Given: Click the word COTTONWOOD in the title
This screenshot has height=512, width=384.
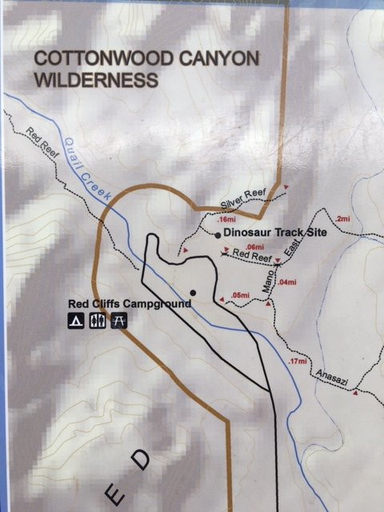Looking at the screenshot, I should [x=87, y=58].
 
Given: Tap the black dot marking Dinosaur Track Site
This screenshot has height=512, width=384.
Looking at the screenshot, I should [x=218, y=234].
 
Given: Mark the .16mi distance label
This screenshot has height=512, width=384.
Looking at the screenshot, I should [x=226, y=218].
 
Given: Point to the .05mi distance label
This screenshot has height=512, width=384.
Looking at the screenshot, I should [x=240, y=296].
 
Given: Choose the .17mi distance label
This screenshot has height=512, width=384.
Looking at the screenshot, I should [x=297, y=361].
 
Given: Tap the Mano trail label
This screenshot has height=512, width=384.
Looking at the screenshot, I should [x=268, y=281].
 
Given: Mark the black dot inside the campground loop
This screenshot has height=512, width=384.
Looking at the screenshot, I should [x=193, y=292].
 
